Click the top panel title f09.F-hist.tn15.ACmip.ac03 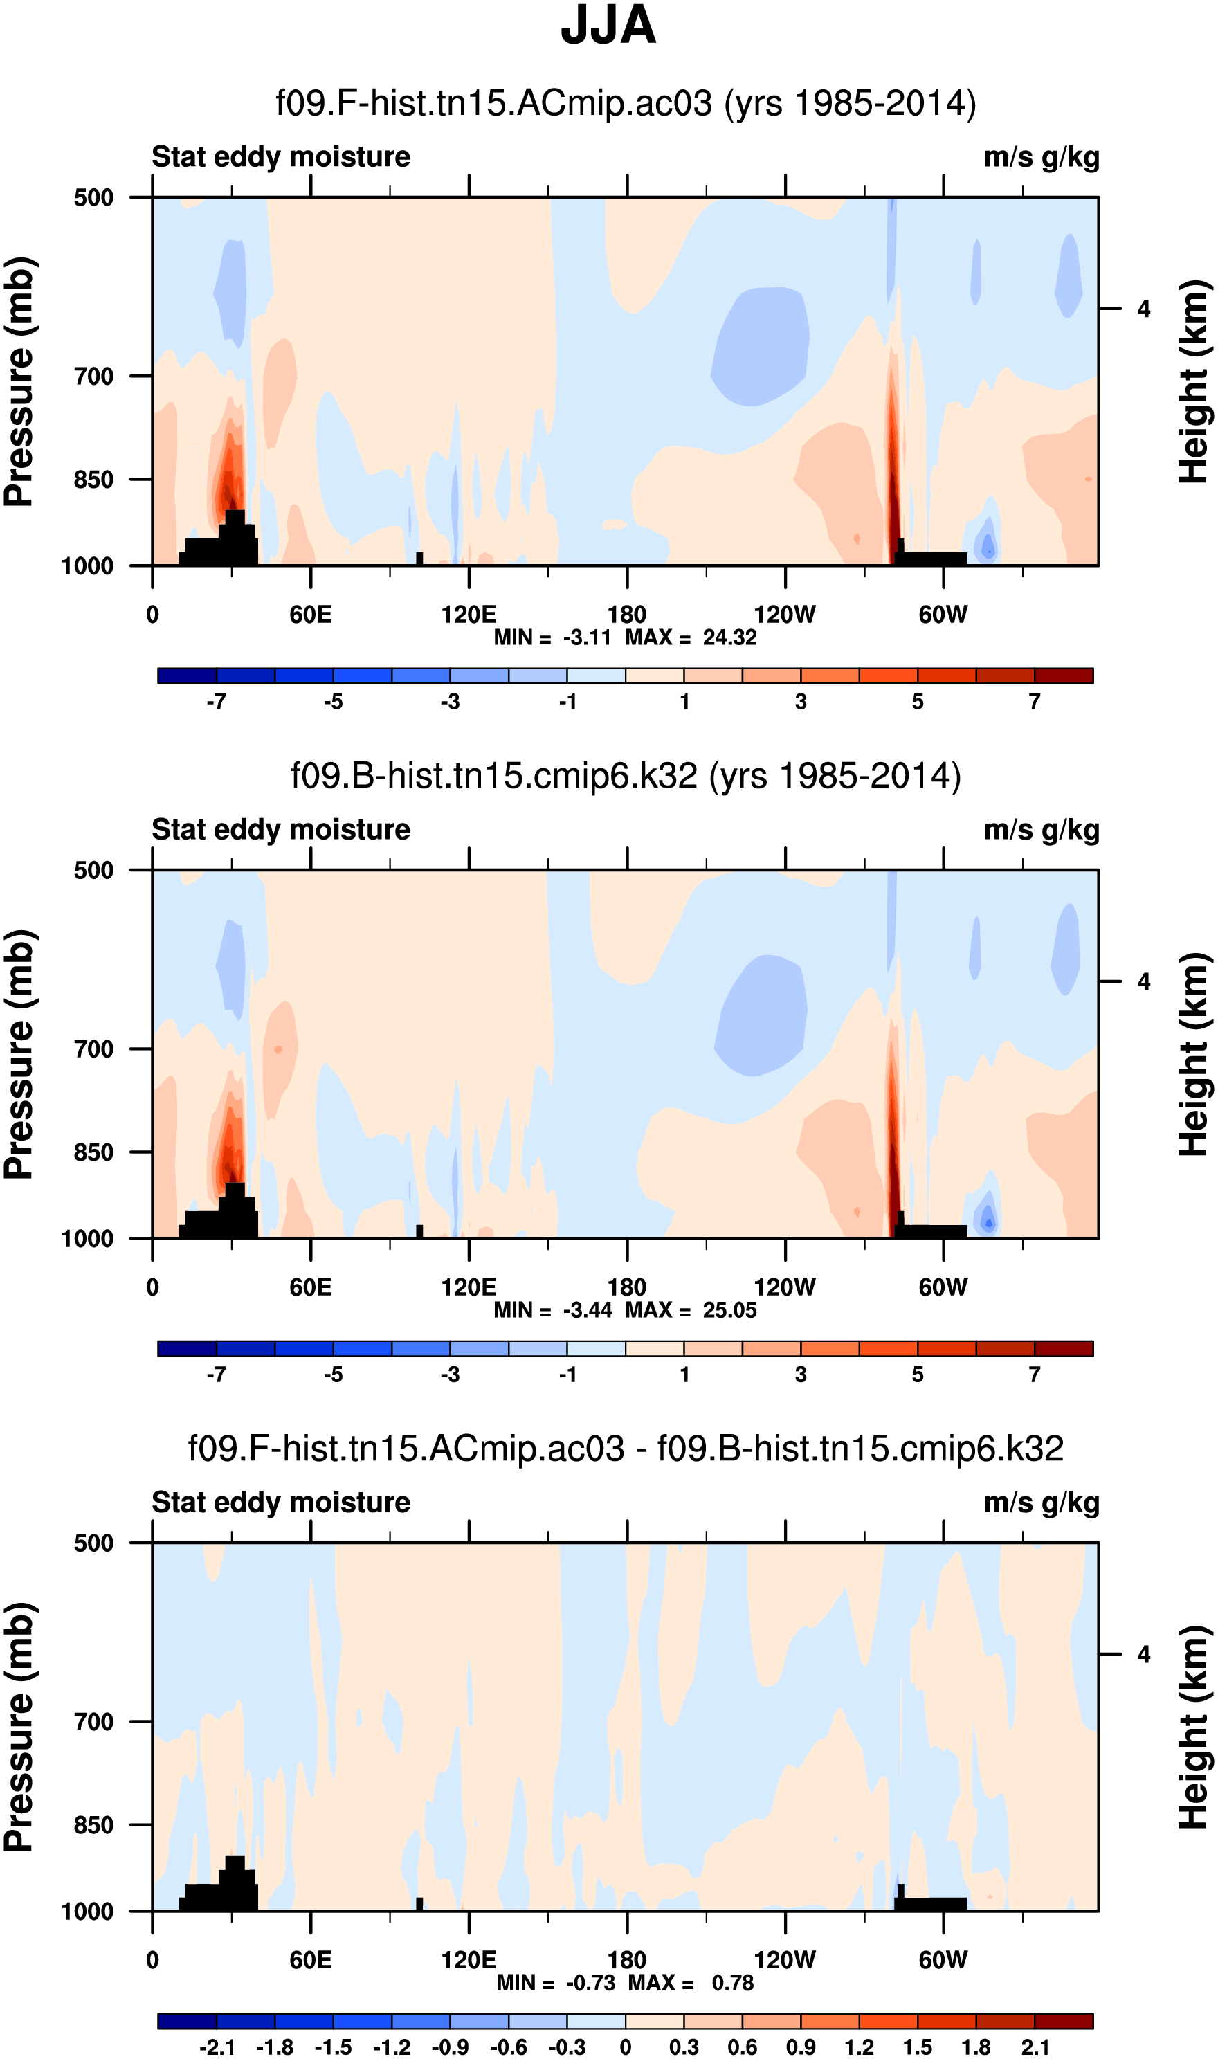pyautogui.click(x=626, y=103)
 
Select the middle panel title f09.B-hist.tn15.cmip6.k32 pyautogui.click(x=626, y=776)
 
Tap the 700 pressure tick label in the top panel pyautogui.click(x=93, y=377)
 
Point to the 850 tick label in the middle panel pyautogui.click(x=93, y=1152)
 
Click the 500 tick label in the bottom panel pyautogui.click(x=93, y=1543)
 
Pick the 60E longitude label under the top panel pyautogui.click(x=310, y=615)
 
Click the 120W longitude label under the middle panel pyautogui.click(x=785, y=1287)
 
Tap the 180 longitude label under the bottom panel pyautogui.click(x=626, y=1960)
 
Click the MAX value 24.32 pyautogui.click(x=729, y=637)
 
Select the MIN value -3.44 pyautogui.click(x=587, y=1309)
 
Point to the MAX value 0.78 pyautogui.click(x=732, y=1983)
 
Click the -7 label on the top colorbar pyautogui.click(x=216, y=702)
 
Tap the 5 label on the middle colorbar pyautogui.click(x=918, y=1375)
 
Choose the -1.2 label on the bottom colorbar pyautogui.click(x=392, y=2047)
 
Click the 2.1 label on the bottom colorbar pyautogui.click(x=1035, y=2047)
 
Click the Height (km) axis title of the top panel pyautogui.click(x=1194, y=381)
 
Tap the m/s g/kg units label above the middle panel pyautogui.click(x=1041, y=830)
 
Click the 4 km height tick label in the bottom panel pyautogui.click(x=1143, y=1654)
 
